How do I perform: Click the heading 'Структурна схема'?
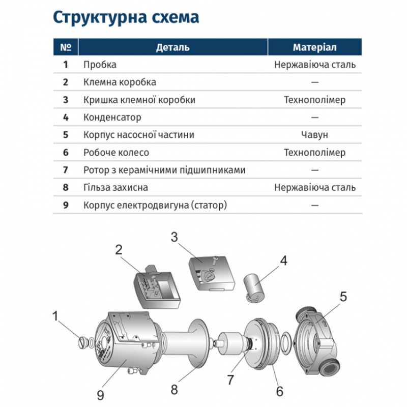point(126,17)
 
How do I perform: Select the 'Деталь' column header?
point(172,47)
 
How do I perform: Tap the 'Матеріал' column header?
point(314,47)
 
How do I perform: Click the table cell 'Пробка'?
point(100,65)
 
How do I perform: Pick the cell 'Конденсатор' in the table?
point(112,118)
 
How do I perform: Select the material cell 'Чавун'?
point(314,135)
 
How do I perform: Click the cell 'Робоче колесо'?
point(117,153)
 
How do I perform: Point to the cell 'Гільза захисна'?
point(116,188)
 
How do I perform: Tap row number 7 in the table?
point(65,170)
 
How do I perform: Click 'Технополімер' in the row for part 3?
point(314,100)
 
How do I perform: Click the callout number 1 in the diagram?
point(55,316)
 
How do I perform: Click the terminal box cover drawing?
point(209,272)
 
